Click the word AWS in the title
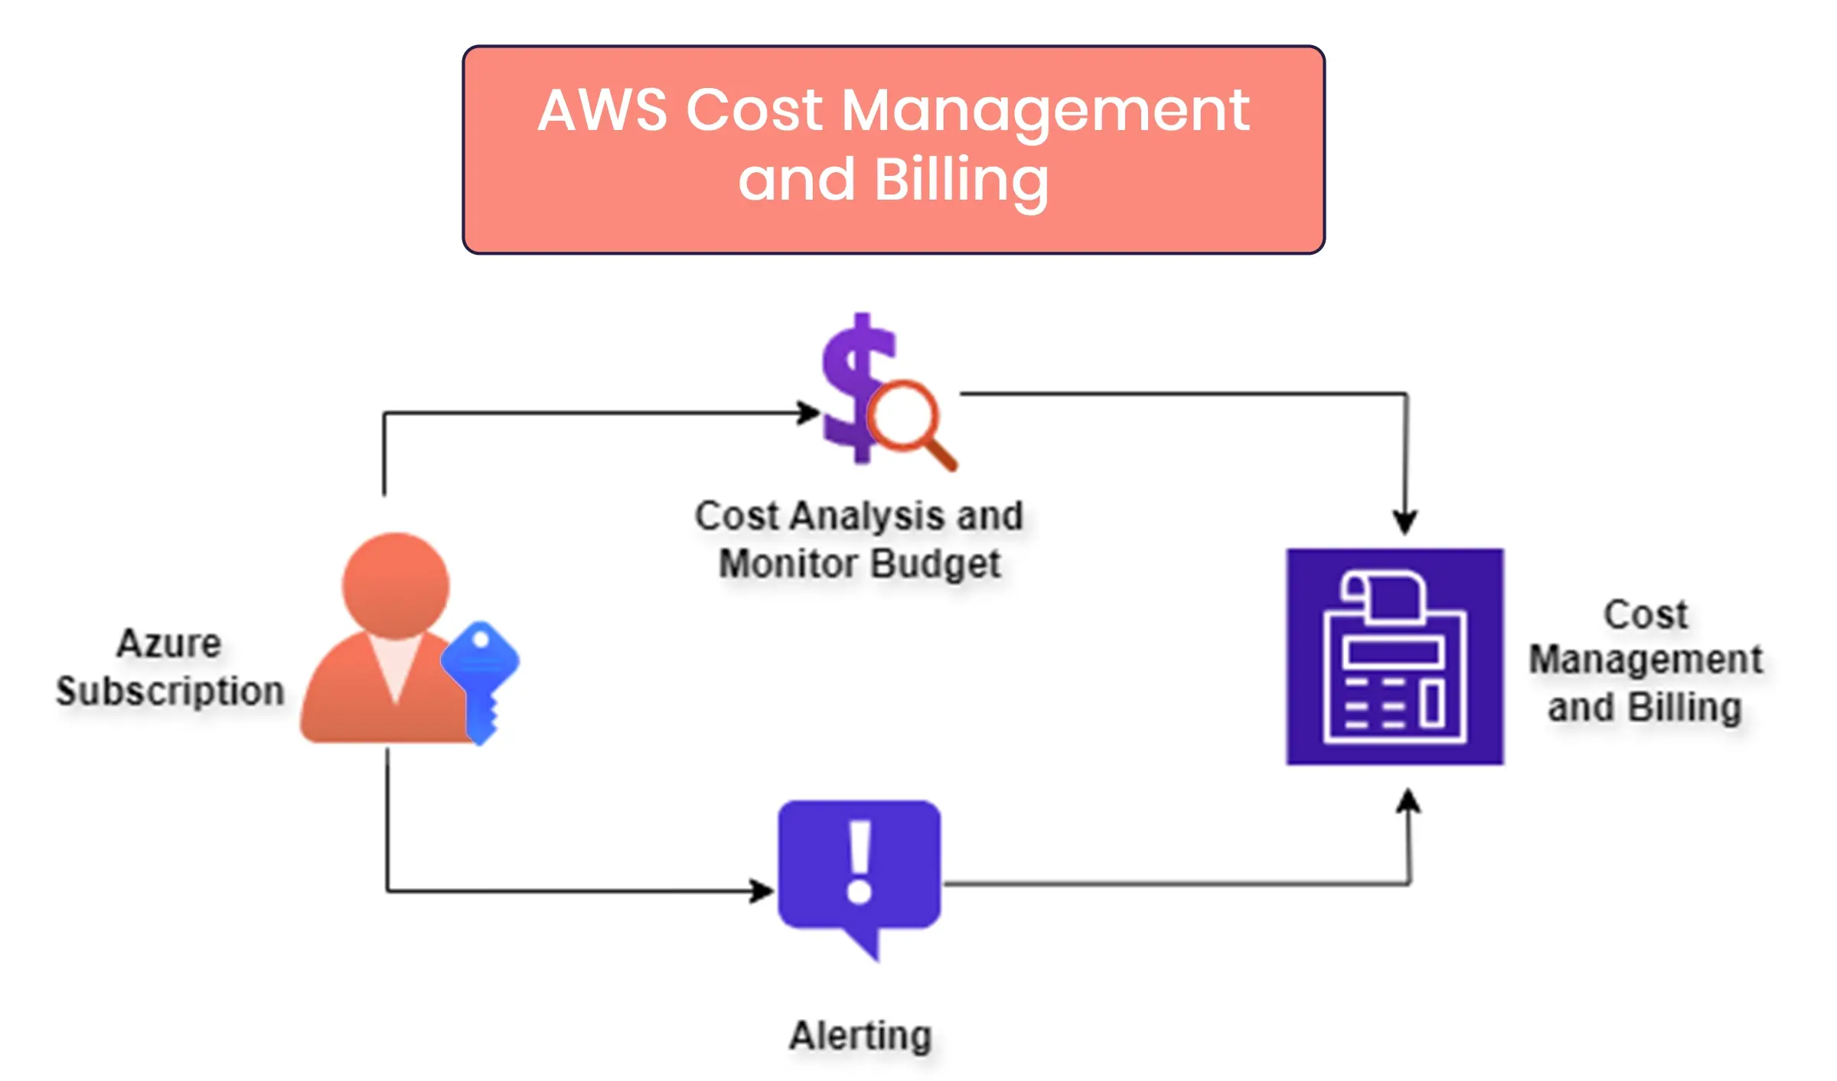click(602, 111)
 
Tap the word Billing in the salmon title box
click(961, 181)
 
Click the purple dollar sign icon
click(853, 386)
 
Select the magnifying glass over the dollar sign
click(907, 421)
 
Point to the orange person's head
click(395, 584)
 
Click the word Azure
click(169, 643)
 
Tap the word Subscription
click(170, 691)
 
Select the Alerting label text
click(860, 1036)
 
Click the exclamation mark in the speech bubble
click(860, 861)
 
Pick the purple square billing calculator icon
click(1395, 656)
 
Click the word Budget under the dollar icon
click(935, 564)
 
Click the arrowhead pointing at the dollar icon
click(808, 412)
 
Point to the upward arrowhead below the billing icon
click(1408, 802)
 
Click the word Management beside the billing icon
click(1646, 659)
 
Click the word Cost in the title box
click(754, 111)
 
